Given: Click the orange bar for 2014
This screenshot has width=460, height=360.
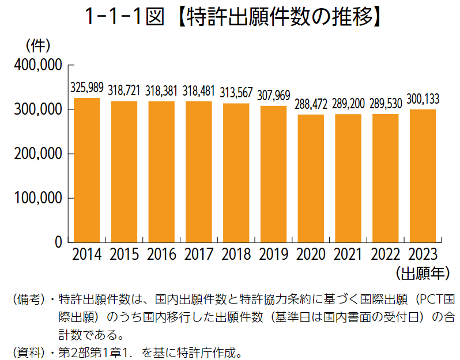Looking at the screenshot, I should [x=86, y=170].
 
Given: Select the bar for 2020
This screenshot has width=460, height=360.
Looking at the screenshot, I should [x=311, y=179].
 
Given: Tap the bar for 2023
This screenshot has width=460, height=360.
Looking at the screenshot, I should [x=423, y=176].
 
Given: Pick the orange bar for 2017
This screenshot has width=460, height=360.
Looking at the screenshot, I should [x=199, y=172].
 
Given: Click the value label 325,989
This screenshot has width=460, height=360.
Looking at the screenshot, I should [x=86, y=88].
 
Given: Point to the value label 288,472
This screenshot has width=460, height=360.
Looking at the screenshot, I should [x=311, y=104].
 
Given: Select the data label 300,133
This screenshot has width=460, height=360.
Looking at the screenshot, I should [x=423, y=99].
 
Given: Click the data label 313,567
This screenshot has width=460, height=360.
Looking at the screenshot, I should [x=236, y=93].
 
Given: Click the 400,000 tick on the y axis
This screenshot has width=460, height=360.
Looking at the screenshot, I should [x=36, y=65].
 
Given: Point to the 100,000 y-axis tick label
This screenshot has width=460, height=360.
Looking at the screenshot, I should [x=36, y=198].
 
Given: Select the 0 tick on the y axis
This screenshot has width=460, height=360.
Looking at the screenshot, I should [x=57, y=242].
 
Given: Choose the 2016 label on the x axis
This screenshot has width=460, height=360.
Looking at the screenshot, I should [x=161, y=254].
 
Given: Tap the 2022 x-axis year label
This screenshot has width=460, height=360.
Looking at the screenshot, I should [x=386, y=254].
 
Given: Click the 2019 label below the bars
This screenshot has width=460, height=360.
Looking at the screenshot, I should [x=273, y=254].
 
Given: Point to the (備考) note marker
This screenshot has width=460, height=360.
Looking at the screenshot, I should [x=28, y=300].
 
